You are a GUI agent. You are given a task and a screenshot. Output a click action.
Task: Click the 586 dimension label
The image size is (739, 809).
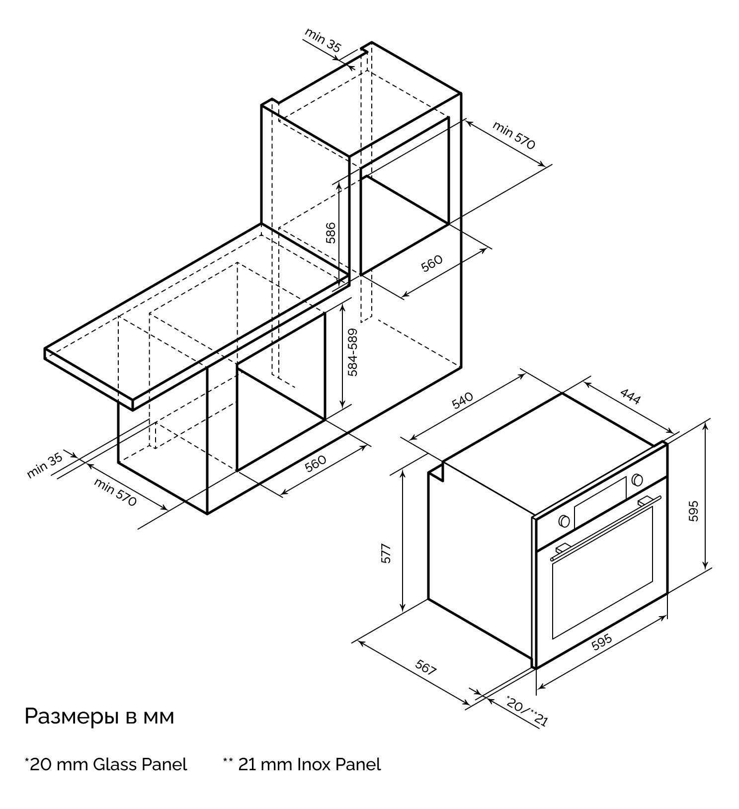[x=331, y=233]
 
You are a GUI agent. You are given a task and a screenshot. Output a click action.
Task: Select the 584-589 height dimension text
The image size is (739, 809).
[x=353, y=352]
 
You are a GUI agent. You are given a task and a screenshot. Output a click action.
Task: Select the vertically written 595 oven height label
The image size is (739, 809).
[x=694, y=510]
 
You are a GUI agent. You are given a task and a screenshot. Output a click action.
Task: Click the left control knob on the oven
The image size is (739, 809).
[x=564, y=521]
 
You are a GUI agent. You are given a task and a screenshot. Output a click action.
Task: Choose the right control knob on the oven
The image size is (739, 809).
[x=637, y=481]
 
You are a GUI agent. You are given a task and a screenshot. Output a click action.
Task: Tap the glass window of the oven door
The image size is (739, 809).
[x=602, y=572]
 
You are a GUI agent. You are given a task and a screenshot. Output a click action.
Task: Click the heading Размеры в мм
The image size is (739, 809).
[x=99, y=718]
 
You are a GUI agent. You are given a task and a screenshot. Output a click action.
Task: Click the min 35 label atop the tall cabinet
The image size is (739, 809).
[x=323, y=40]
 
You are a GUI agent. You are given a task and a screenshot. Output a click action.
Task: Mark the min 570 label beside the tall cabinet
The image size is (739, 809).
[x=514, y=135]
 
